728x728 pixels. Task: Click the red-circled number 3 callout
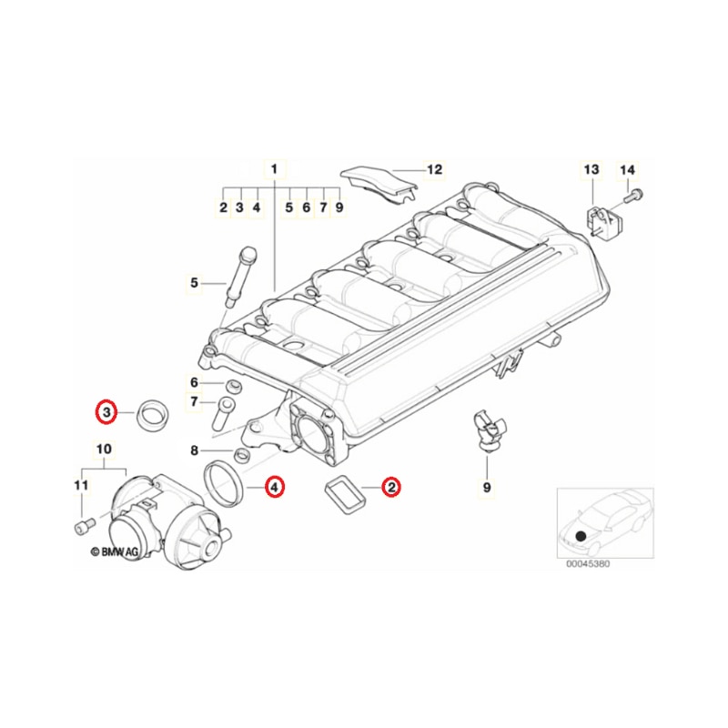(x=106, y=412)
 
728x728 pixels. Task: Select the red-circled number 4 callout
(x=274, y=487)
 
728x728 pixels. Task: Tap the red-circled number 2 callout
(x=391, y=487)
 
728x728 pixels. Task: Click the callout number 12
(x=435, y=169)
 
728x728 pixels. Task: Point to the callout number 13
(x=591, y=169)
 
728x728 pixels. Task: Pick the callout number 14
(x=627, y=170)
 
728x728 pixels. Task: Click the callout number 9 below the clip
(x=487, y=487)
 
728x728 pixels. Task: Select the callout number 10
(x=104, y=449)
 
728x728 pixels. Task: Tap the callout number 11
(x=81, y=485)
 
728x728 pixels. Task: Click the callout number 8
(x=194, y=450)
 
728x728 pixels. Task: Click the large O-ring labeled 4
(x=224, y=483)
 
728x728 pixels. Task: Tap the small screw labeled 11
(x=85, y=526)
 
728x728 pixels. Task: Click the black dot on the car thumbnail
(x=581, y=536)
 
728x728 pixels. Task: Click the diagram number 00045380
(x=588, y=564)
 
